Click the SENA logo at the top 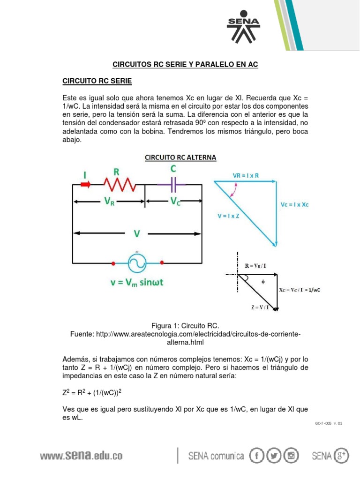pos(243,29)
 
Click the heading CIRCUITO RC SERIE pos(97,82)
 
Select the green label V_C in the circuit pos(174,202)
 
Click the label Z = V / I pos(260,307)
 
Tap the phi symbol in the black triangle pos(262,282)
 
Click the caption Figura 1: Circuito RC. pos(185,325)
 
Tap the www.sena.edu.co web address pos(81,456)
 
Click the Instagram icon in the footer pos(292,456)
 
